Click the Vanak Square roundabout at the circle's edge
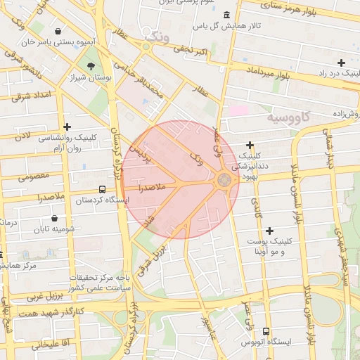[x=224, y=180]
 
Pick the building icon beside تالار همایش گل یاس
[x=226, y=15]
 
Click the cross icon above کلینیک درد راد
[x=341, y=63]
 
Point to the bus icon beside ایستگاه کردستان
[x=103, y=189]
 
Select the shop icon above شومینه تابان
[x=55, y=219]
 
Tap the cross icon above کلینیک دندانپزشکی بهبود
[x=250, y=145]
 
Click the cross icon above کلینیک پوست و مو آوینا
[x=270, y=230]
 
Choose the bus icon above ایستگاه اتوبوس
[x=266, y=330]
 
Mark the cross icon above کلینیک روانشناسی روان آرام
[x=67, y=127]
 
